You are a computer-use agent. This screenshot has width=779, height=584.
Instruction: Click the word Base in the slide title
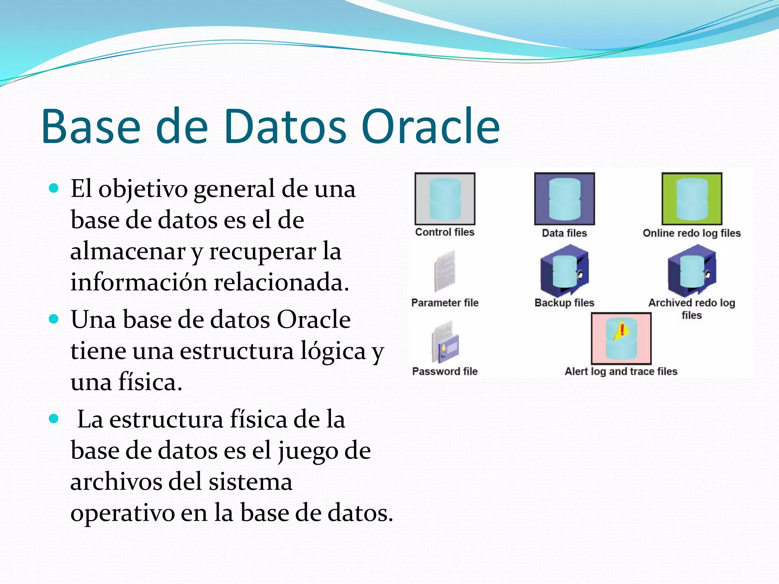(x=91, y=127)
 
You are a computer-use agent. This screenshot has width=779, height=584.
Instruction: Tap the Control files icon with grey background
(x=445, y=199)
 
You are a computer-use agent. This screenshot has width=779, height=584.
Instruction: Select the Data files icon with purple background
(x=564, y=199)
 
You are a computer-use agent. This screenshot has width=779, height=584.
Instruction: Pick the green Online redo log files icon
(x=692, y=199)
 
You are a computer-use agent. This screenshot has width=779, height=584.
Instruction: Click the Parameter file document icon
(x=445, y=271)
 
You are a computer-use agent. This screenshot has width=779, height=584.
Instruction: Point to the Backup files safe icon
(x=564, y=271)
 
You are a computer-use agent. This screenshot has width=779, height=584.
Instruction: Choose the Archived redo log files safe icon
(x=692, y=271)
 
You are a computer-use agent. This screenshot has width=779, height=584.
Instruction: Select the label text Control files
(x=445, y=232)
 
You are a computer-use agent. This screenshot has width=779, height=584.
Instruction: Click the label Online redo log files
(x=692, y=233)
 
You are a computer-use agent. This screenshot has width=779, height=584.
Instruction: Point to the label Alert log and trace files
(x=621, y=371)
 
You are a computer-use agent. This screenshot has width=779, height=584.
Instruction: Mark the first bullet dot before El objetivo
(x=54, y=188)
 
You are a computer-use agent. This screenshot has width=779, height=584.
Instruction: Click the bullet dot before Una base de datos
(x=54, y=319)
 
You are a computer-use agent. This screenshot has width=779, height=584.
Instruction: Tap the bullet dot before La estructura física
(x=54, y=419)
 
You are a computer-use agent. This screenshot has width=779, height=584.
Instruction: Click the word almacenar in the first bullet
(x=127, y=252)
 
